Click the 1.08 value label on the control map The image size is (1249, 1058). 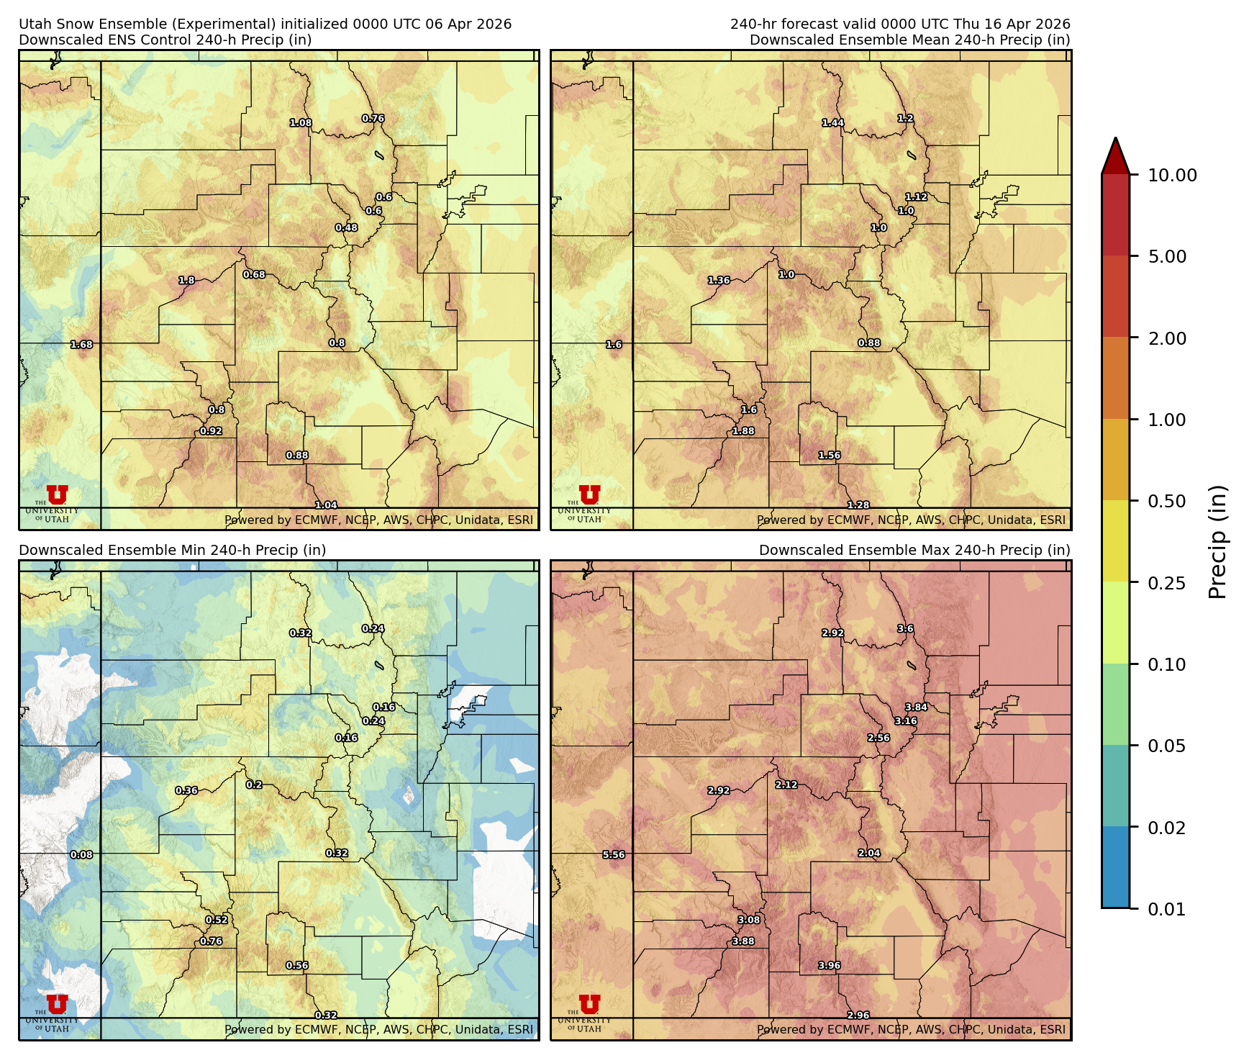[x=301, y=123]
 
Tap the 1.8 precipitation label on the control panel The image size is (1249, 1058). [x=186, y=281]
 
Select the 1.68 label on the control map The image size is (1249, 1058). [x=81, y=345]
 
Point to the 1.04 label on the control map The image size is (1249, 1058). [x=326, y=505]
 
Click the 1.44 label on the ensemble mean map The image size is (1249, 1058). [x=833, y=123]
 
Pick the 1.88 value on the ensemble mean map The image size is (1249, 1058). [x=743, y=431]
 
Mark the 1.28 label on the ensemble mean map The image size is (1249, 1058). [x=858, y=505]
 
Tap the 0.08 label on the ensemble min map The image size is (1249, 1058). [x=81, y=855]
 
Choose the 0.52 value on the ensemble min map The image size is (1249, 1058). [x=217, y=920]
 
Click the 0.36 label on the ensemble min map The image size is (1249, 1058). [x=186, y=790]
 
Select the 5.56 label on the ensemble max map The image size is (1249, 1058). [x=614, y=855]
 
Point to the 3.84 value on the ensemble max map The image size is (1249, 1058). [x=916, y=707]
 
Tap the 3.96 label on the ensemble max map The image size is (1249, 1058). [x=830, y=966]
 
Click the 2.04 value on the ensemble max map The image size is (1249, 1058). [x=869, y=854]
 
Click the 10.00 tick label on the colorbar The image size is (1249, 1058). [x=1172, y=175]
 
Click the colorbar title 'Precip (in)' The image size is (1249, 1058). [x=1217, y=542]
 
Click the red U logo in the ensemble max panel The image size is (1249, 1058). [x=589, y=1003]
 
